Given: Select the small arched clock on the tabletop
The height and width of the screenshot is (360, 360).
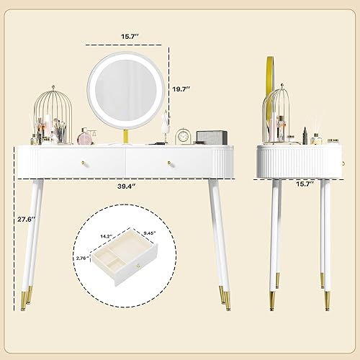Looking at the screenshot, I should pyautogui.click(x=184, y=135).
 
